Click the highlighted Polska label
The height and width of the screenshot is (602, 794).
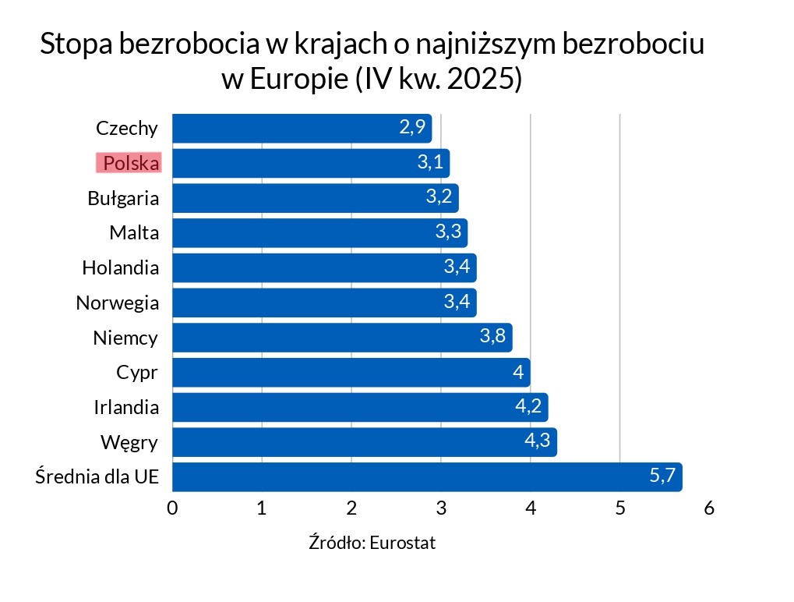click(129, 163)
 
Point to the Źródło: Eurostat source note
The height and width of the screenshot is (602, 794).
click(372, 543)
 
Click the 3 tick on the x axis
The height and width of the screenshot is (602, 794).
click(441, 509)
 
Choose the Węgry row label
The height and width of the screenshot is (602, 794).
click(129, 443)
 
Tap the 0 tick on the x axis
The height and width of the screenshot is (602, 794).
click(172, 509)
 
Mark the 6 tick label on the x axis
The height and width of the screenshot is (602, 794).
click(709, 509)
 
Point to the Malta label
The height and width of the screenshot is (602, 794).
click(134, 232)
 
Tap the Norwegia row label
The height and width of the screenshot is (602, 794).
click(118, 303)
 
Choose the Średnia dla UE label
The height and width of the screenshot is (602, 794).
click(97, 476)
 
